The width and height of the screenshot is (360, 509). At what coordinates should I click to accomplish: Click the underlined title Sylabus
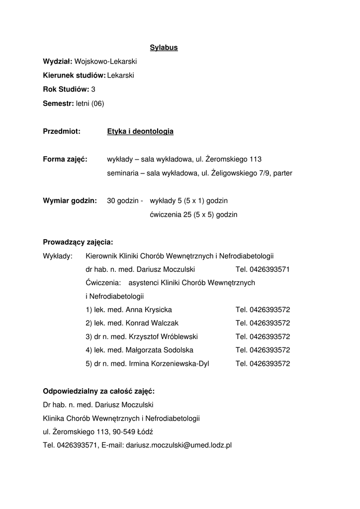pos(164,48)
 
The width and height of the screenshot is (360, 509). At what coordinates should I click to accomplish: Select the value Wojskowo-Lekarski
pos(105,61)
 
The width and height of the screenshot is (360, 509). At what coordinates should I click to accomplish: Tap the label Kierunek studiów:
pos(74,75)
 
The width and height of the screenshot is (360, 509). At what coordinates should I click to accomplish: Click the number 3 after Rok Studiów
pos(93,89)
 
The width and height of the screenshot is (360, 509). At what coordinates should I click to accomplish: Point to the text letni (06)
pos(90,103)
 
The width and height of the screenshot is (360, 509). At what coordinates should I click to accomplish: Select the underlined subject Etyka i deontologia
pos(140,132)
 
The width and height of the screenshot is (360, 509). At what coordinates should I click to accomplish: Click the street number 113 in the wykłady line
pos(256,160)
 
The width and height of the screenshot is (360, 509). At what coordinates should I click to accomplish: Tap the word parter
pos(281,173)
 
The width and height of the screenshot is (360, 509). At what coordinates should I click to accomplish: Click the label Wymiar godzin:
pos(70,201)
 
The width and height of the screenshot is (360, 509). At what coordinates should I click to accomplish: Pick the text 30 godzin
pos(123,201)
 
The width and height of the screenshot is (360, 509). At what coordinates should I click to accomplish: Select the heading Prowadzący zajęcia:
pos(78,243)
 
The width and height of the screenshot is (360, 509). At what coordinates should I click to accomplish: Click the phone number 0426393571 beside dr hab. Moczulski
pos(270,269)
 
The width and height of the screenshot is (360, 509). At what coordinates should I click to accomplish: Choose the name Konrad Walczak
pos(149,323)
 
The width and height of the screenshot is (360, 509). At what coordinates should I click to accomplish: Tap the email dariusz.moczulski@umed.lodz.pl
pos(179,445)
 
